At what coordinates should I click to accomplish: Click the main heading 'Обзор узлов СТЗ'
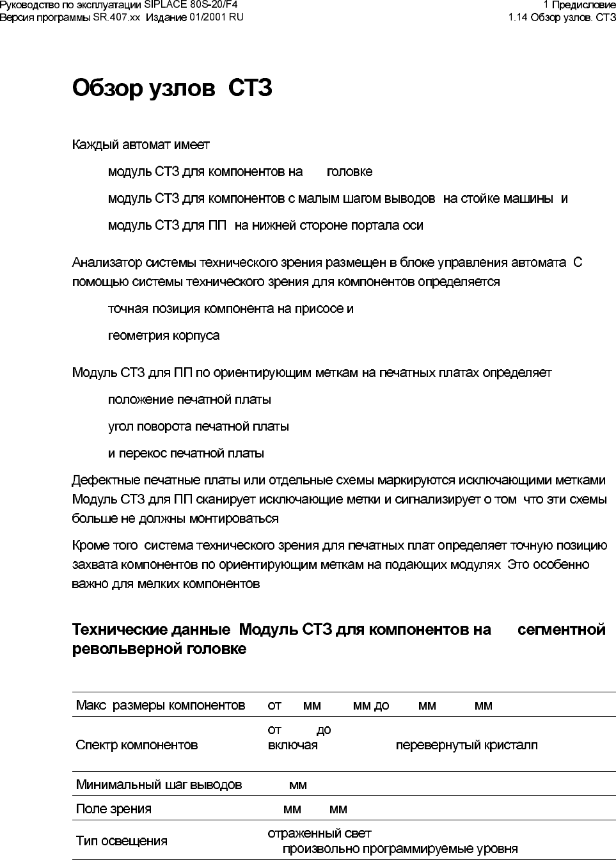[172, 88]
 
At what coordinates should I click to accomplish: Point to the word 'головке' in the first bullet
[349, 172]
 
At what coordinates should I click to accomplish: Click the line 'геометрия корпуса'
[164, 336]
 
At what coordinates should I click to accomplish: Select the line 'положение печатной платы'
[189, 400]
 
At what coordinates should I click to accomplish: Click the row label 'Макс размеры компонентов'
[161, 706]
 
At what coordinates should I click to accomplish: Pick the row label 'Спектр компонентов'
[137, 745]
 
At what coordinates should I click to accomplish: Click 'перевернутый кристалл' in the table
[466, 745]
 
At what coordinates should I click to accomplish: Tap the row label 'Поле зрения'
[114, 809]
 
